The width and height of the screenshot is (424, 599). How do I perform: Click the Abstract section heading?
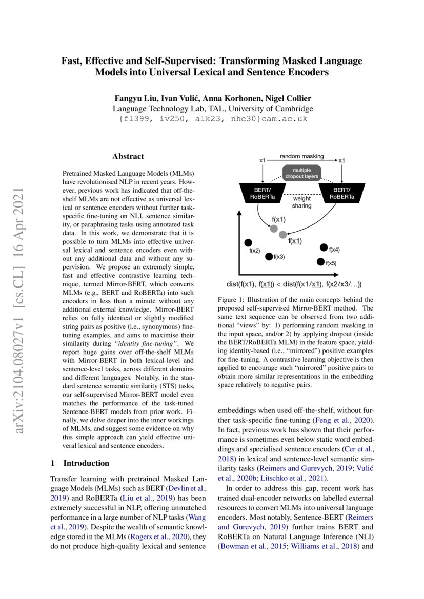coord(128,156)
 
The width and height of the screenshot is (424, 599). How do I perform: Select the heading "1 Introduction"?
coord(80,463)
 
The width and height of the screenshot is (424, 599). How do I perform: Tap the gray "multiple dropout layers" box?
coord(301,172)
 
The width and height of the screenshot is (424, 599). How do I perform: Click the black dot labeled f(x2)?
coord(248,242)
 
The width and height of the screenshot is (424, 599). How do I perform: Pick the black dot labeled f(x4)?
coord(324,247)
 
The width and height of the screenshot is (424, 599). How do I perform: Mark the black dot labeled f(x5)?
coord(321,262)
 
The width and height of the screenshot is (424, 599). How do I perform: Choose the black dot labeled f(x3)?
coord(269,256)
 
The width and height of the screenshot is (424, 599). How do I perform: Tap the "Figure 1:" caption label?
coord(232,300)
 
